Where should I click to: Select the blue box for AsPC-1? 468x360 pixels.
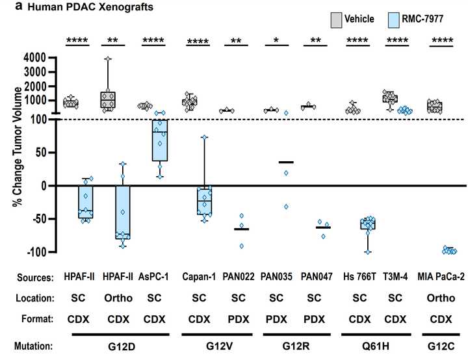[x=159, y=140]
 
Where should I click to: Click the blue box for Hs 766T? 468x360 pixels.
[x=368, y=225]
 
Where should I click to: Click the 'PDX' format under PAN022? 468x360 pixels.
[x=237, y=321]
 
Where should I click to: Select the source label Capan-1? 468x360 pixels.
[x=197, y=277]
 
